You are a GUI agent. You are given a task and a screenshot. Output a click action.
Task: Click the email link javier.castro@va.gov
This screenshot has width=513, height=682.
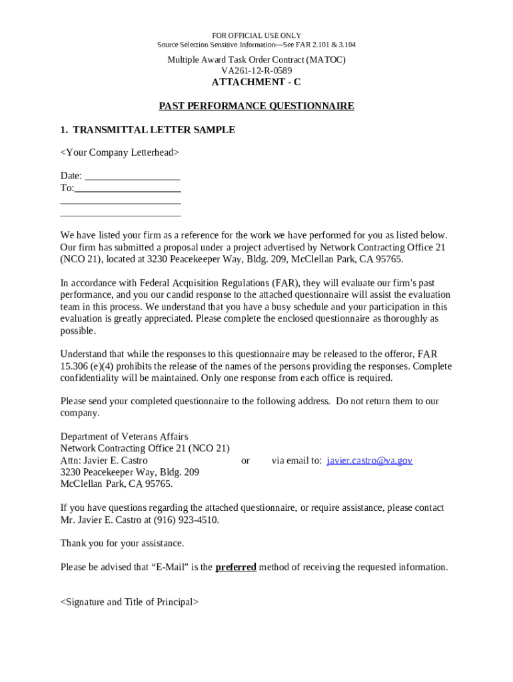[x=369, y=460]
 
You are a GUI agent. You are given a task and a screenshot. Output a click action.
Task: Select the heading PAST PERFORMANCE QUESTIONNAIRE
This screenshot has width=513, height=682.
[x=256, y=106]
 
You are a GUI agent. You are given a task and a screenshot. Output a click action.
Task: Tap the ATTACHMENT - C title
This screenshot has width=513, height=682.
[x=256, y=82]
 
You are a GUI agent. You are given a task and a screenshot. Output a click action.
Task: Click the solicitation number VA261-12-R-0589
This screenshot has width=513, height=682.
[x=256, y=71]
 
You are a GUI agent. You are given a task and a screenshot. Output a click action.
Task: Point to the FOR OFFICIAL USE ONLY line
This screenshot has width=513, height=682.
[x=256, y=35]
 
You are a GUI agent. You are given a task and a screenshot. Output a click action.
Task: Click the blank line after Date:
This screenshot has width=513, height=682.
[x=133, y=176]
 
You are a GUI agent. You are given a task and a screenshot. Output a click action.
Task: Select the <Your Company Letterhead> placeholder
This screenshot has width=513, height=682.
[x=120, y=153]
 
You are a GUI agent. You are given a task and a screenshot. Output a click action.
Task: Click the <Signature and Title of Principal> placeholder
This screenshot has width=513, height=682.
[x=129, y=602]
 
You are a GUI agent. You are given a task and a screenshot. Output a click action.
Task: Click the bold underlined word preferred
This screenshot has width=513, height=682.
[x=236, y=567]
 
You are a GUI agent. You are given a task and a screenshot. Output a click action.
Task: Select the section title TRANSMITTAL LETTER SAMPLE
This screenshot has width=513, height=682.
[x=154, y=130]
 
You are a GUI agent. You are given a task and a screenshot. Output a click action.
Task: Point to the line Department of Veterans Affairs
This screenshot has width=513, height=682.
[x=124, y=437]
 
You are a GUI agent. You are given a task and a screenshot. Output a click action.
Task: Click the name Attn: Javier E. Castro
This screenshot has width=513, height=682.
[x=104, y=460]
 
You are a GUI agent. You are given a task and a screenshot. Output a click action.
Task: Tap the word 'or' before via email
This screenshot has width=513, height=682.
[x=245, y=460]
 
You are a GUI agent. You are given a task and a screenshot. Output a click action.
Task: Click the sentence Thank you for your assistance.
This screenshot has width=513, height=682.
[x=122, y=543]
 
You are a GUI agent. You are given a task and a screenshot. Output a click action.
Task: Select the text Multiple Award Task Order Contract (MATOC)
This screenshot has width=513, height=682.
[x=256, y=60]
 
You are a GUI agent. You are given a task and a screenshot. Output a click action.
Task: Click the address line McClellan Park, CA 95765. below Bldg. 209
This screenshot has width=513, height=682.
[x=117, y=484]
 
